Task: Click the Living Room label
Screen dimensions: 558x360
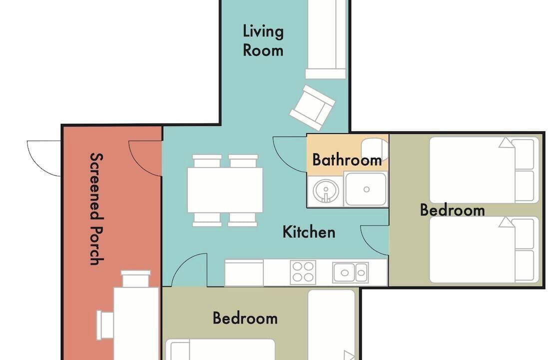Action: (263, 40)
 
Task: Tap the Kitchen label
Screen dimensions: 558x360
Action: (309, 232)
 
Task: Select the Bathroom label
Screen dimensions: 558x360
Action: (347, 160)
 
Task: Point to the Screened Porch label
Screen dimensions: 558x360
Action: (96, 209)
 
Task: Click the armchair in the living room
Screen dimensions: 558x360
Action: (312, 107)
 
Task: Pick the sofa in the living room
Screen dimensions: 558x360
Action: (326, 39)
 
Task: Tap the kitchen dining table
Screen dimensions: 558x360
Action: (225, 190)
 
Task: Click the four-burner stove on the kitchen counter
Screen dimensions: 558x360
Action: (303, 272)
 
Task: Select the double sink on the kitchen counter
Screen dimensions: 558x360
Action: (351, 273)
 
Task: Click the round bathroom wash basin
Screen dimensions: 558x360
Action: (326, 191)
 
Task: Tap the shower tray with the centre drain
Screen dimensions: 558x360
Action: (366, 189)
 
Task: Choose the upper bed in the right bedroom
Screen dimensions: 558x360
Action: (484, 170)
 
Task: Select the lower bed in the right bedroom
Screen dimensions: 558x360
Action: (484, 249)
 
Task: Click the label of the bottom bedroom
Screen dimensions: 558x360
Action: (245, 318)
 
